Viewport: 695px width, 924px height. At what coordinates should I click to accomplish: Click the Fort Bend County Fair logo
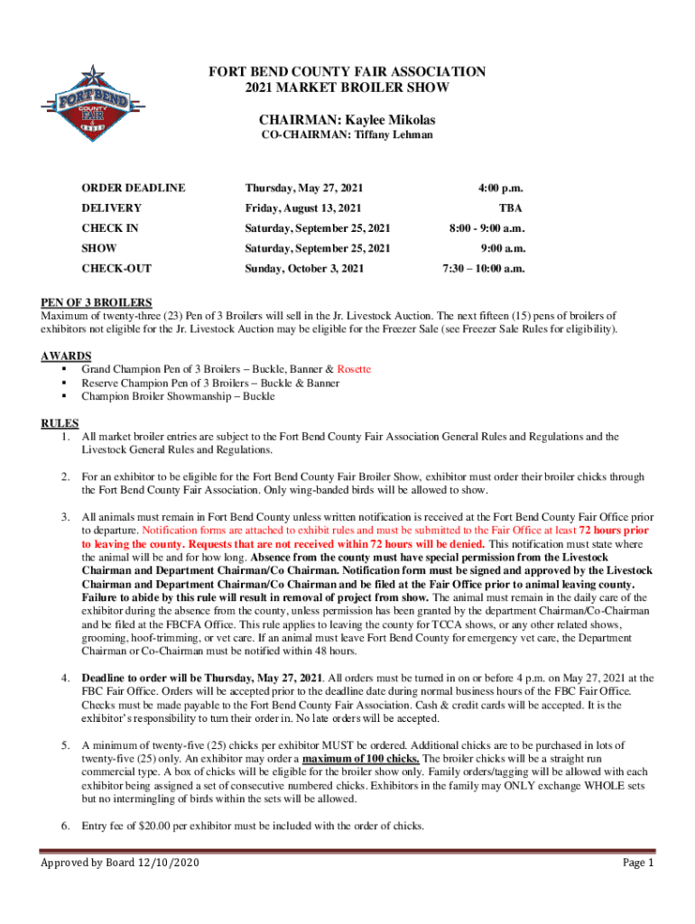pyautogui.click(x=87, y=99)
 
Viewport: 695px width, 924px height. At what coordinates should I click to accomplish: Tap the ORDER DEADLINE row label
pyautogui.click(x=134, y=189)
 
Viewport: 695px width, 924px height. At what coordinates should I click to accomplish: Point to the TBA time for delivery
pyautogui.click(x=512, y=208)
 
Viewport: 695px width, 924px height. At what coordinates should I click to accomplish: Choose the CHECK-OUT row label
pyautogui.click(x=116, y=268)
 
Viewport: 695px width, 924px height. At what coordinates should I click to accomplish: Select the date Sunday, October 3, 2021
pyautogui.click(x=305, y=268)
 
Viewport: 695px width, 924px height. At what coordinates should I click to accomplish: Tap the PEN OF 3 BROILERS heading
pyautogui.click(x=97, y=302)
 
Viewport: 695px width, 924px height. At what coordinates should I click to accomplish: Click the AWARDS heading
pyautogui.click(x=65, y=356)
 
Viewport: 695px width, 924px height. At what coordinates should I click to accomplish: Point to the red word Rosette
pyautogui.click(x=354, y=369)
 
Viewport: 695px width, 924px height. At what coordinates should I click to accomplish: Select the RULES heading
pyautogui.click(x=60, y=423)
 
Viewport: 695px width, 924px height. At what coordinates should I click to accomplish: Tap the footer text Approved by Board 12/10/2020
pyautogui.click(x=120, y=864)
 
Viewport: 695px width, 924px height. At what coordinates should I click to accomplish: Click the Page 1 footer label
pyautogui.click(x=638, y=864)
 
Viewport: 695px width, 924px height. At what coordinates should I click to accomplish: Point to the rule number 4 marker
pyautogui.click(x=66, y=678)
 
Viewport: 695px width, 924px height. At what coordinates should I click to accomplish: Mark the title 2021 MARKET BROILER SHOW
pyautogui.click(x=347, y=88)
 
